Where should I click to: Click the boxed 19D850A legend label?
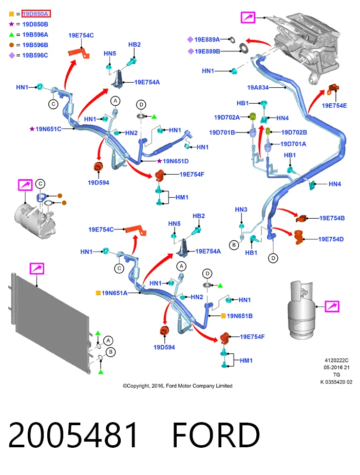pyautogui.click(x=36, y=14)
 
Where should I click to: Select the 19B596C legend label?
pyautogui.click(x=35, y=55)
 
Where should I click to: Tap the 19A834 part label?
pyautogui.click(x=258, y=87)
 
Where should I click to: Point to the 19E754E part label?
pyautogui.click(x=334, y=105)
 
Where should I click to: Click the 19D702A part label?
pyautogui.click(x=226, y=117)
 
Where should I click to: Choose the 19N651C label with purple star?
pyautogui.click(x=48, y=129)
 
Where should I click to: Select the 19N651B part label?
pyautogui.click(x=240, y=316)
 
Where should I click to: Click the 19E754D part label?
pyautogui.click(x=331, y=239)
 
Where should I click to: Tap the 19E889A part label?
pyautogui.click(x=207, y=40)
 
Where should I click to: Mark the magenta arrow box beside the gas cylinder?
pyautogui.click(x=332, y=306)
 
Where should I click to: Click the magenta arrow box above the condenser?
pyautogui.click(x=36, y=269)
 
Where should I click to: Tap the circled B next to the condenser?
pyautogui.click(x=110, y=352)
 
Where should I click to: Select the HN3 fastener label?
pyautogui.click(x=241, y=210)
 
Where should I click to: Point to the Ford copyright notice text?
pyautogui.click(x=178, y=386)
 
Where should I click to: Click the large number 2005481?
pyautogui.click(x=73, y=435)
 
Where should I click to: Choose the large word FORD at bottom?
pyautogui.click(x=216, y=435)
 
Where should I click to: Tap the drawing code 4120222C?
pyautogui.click(x=336, y=360)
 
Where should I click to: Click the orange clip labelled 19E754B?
pyautogui.click(x=302, y=218)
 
